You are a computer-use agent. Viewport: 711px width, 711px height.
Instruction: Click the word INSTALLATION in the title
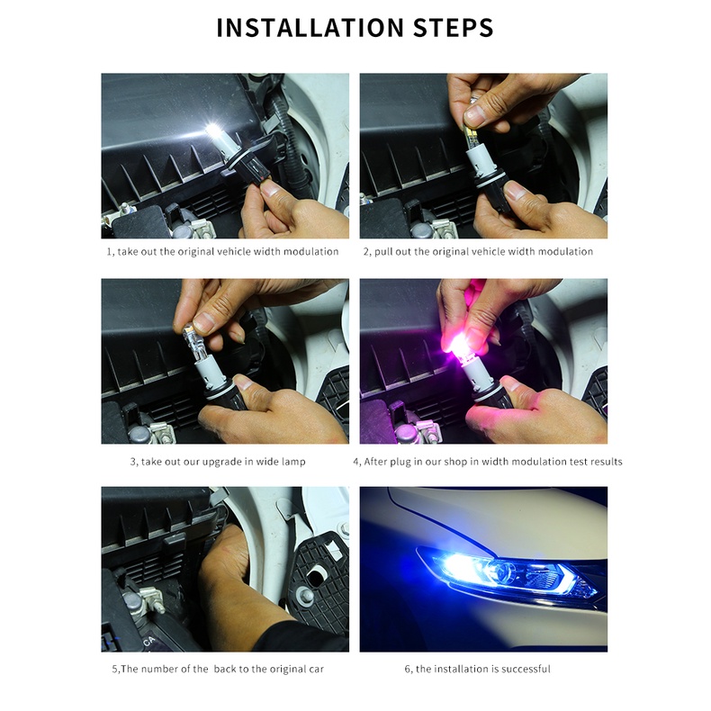(x=310, y=28)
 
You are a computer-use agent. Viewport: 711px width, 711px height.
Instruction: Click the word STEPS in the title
(x=453, y=28)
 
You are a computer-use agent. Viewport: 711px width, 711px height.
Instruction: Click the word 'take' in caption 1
(x=128, y=252)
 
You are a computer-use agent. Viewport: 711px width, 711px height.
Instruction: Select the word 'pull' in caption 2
(x=383, y=252)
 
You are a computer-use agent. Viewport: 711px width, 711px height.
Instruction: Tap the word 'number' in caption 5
(x=158, y=669)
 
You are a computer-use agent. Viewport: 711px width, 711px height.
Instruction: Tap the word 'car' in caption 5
(x=317, y=669)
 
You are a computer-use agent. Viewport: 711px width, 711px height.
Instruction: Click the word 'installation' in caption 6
(x=461, y=669)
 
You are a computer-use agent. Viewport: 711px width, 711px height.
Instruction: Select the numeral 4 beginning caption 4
(x=356, y=462)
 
